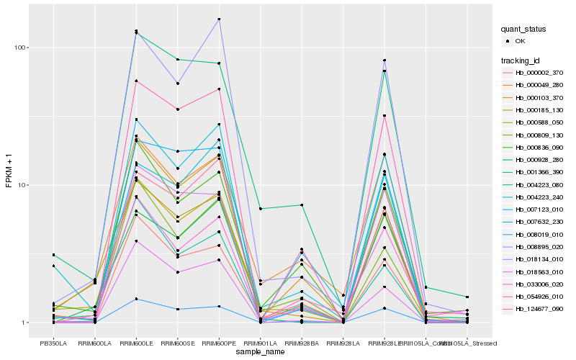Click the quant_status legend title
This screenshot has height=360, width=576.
[524, 29]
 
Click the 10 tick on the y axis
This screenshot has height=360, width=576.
[22, 185]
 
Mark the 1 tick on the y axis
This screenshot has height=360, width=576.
[24, 323]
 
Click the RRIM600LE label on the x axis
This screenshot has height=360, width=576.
[136, 343]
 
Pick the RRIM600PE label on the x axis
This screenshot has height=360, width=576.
[219, 343]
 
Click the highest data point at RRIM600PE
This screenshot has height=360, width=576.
[219, 19]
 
